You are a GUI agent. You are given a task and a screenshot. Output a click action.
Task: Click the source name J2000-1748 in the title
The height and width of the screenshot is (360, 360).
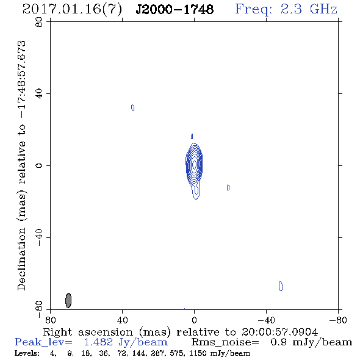pos(175,9)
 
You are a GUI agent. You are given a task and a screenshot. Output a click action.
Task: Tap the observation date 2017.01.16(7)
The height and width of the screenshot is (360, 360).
pos(72,10)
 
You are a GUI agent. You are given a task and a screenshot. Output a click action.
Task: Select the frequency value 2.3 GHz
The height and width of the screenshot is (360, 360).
pos(309,9)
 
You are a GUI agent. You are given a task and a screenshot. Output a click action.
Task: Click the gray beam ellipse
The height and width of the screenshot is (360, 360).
pos(68,300)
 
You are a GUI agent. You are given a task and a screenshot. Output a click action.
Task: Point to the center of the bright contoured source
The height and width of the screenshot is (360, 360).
pos(194,164)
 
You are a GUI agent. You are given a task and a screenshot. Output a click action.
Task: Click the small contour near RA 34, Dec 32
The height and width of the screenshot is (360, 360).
pos(132,107)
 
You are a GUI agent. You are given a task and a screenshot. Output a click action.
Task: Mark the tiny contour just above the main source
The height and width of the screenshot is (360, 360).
pos(192,137)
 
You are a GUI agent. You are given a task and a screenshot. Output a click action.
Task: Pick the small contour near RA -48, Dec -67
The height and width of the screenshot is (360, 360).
pos(281,286)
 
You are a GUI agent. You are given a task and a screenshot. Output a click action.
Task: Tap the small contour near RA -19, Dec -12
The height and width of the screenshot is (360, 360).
pos(228,187)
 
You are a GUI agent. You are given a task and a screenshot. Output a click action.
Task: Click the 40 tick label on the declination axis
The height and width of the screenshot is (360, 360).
pos(39,94)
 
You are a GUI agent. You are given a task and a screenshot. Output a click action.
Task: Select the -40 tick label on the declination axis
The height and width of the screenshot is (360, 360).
pos(39,237)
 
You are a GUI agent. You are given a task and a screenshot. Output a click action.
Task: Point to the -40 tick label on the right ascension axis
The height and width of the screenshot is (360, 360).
pos(266,320)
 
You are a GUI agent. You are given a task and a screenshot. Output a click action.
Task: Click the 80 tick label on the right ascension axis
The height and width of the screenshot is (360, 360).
pos(50,320)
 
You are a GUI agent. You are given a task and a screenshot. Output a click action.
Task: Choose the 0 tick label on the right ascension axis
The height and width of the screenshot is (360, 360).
pos(194,320)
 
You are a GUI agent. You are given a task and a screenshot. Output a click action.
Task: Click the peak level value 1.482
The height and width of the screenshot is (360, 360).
pos(98,342)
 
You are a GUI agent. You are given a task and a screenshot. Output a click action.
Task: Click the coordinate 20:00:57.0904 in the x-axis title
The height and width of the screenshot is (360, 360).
pos(279,332)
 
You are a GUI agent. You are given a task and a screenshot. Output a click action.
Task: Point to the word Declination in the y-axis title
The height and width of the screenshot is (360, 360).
pos(21,259)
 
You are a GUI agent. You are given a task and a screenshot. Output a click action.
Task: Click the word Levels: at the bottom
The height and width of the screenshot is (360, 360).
pos(27,353)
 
